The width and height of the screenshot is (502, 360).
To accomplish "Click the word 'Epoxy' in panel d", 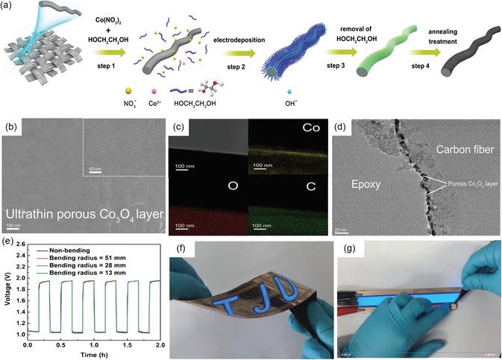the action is pos(364,180).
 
